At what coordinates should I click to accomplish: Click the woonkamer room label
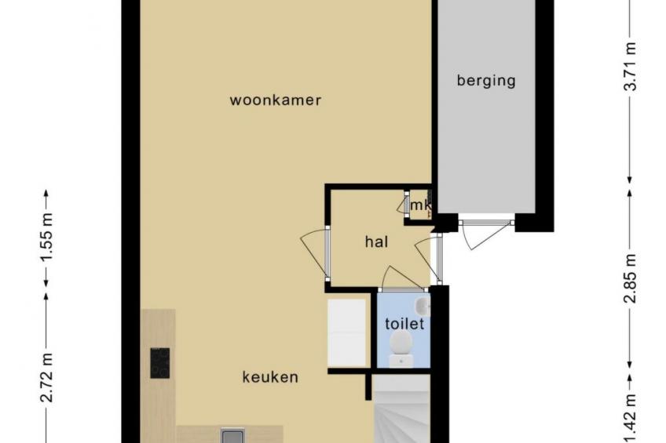(275, 100)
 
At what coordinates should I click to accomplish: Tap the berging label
(486, 80)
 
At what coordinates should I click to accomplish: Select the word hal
(377, 241)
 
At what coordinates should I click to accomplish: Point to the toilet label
(404, 324)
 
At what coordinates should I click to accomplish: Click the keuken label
(270, 377)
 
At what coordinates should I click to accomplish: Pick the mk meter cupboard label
(420, 205)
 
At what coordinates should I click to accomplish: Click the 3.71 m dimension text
(631, 66)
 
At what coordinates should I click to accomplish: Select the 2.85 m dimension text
(631, 278)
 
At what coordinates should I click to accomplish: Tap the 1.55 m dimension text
(48, 237)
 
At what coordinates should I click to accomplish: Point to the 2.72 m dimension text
(48, 378)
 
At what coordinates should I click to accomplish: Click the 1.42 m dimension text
(631, 419)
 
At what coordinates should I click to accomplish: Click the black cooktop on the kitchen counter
(159, 363)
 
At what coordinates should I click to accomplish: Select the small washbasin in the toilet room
(423, 307)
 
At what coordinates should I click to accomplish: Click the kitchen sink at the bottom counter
(232, 435)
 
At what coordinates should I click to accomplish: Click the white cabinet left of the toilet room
(347, 333)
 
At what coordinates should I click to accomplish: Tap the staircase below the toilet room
(402, 410)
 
